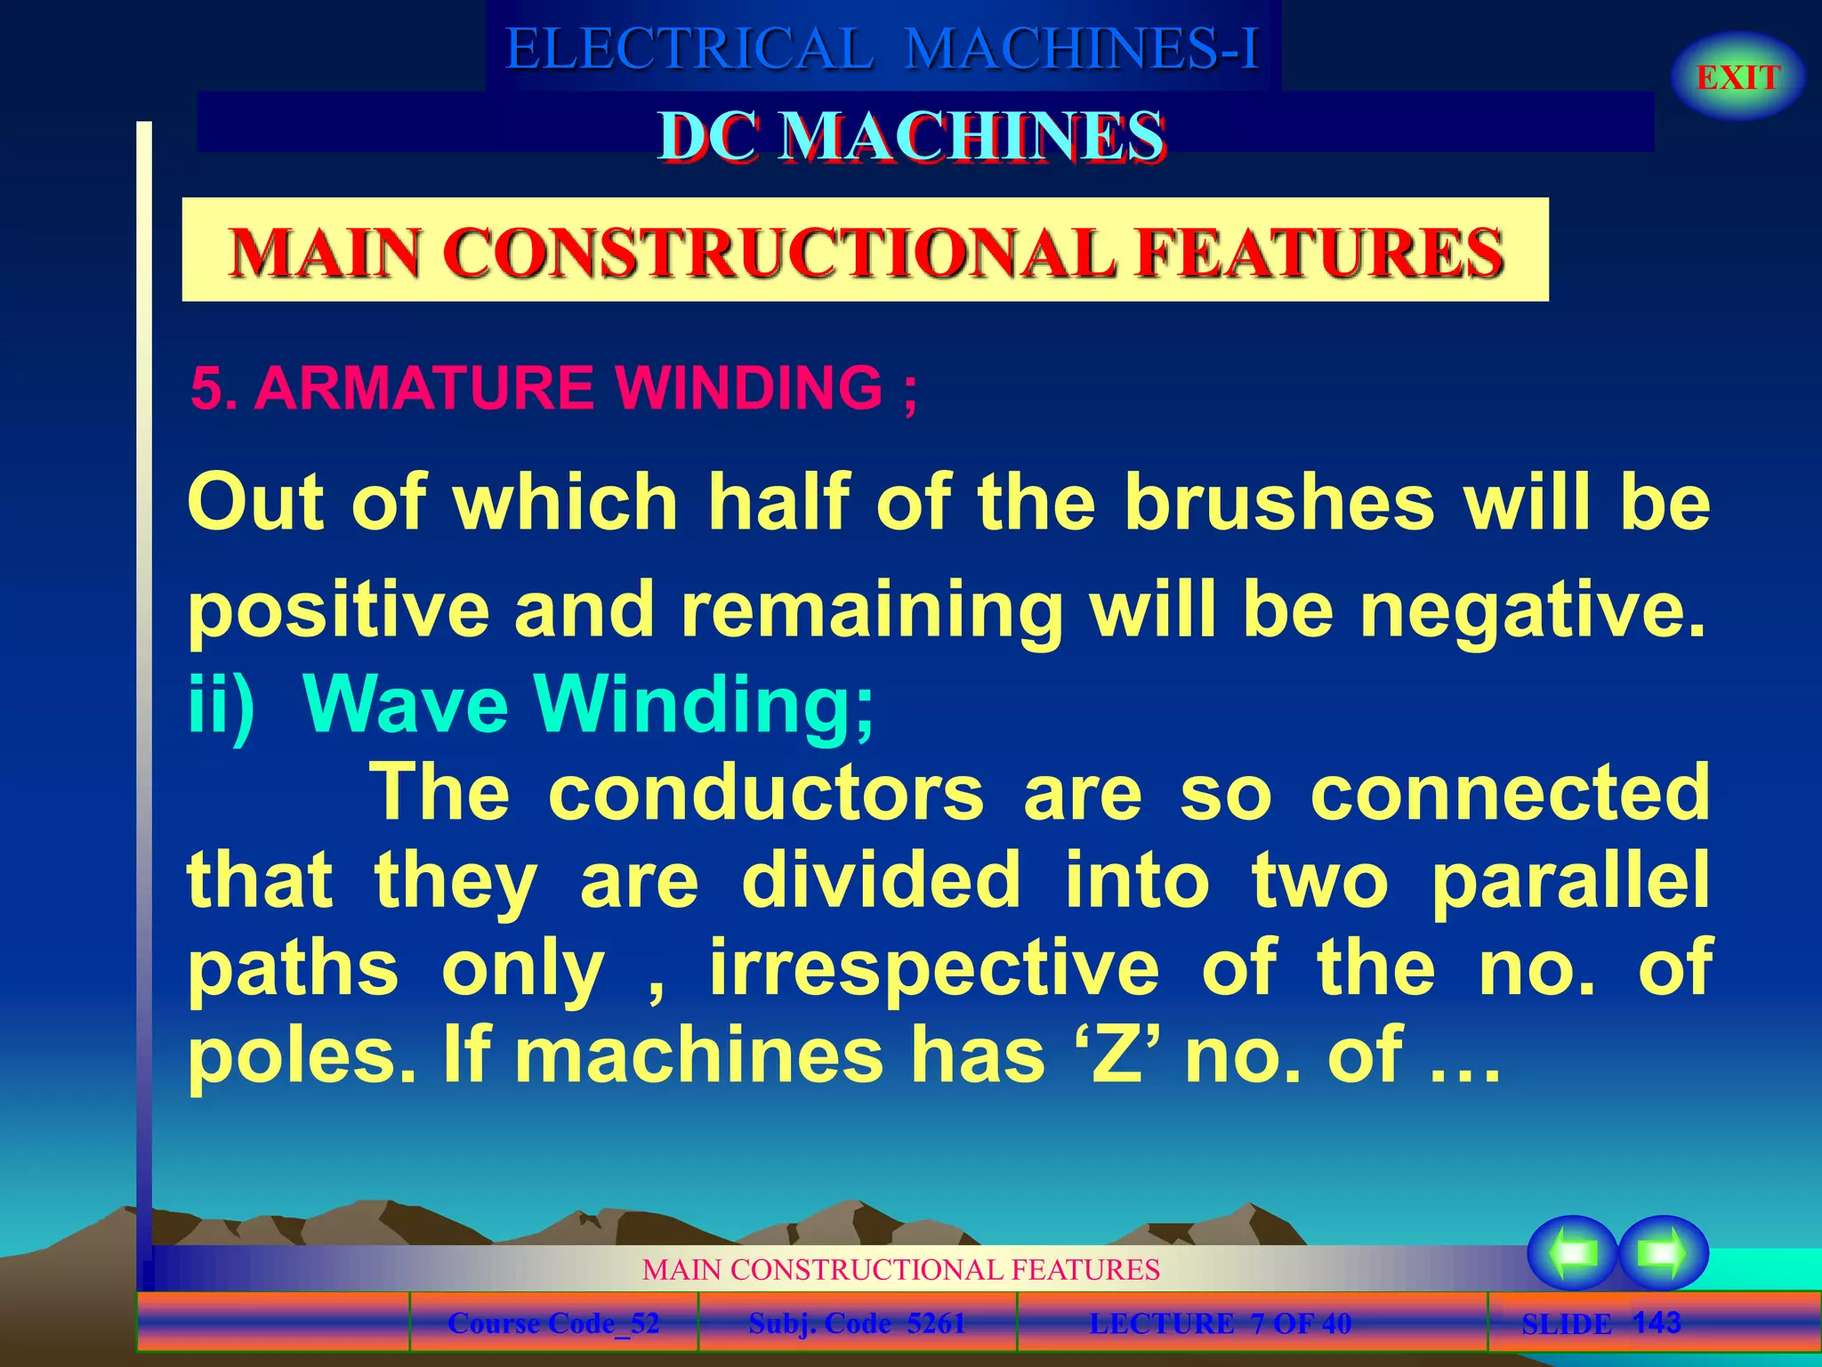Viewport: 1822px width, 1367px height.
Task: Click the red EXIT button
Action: (x=1737, y=77)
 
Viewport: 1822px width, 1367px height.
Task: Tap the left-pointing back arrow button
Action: (x=1572, y=1253)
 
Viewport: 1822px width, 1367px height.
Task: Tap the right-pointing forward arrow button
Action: (x=1663, y=1253)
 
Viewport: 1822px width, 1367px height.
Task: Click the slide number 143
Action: (x=1657, y=1322)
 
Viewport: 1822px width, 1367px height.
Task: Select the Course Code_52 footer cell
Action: (x=553, y=1323)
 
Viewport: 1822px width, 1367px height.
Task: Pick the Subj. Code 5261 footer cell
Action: (x=857, y=1323)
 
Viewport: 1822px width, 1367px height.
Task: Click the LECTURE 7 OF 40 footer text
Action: (x=1220, y=1323)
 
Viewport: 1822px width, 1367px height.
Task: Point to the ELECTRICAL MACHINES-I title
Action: (x=883, y=48)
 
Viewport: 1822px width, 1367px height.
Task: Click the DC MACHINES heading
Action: (x=911, y=137)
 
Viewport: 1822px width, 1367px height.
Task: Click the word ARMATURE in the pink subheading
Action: (x=423, y=388)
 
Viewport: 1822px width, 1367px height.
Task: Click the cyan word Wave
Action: (x=406, y=703)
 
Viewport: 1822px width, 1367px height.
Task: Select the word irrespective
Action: (x=934, y=967)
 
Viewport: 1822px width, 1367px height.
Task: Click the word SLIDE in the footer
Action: (x=1566, y=1324)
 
